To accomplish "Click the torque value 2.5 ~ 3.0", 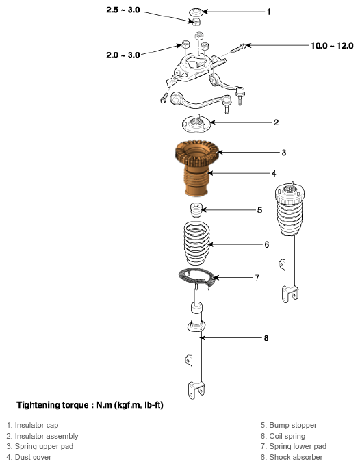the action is (x=123, y=10).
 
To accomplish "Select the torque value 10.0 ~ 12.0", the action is (x=332, y=46).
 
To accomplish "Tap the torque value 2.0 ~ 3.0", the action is (x=123, y=55).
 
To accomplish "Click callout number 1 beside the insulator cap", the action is (x=269, y=12).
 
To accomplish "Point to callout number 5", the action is (x=260, y=210).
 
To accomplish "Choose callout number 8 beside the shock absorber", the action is (x=266, y=338).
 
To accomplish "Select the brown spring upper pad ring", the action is (x=197, y=153).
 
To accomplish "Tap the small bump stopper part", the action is (x=196, y=210).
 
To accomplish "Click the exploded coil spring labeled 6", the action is (x=196, y=243).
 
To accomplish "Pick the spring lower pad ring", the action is (x=196, y=277).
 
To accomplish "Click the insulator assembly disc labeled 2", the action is (x=196, y=125).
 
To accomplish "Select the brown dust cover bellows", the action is (x=196, y=181).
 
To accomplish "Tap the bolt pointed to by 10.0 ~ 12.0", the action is (x=237, y=48).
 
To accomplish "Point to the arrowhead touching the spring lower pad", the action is (x=216, y=278).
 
